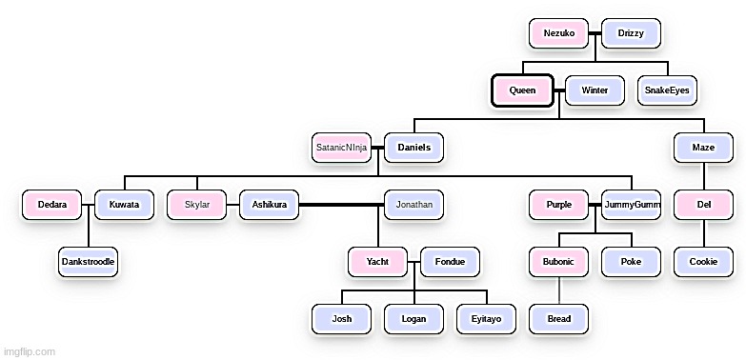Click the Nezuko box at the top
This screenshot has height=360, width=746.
pyautogui.click(x=559, y=33)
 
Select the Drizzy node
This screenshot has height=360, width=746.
pyautogui.click(x=631, y=33)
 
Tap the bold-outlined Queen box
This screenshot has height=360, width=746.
pyautogui.click(x=523, y=90)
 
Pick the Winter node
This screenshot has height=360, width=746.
pyautogui.click(x=595, y=90)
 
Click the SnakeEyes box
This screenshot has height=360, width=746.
pyautogui.click(x=667, y=90)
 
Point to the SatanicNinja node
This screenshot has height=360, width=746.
pyautogui.click(x=342, y=148)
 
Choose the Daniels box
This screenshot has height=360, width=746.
pyautogui.click(x=413, y=148)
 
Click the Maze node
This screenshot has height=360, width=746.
pyautogui.click(x=704, y=148)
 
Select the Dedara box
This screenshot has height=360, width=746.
pyautogui.click(x=52, y=205)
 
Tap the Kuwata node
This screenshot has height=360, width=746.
pyautogui.click(x=124, y=205)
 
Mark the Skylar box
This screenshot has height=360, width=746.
pyautogui.click(x=197, y=205)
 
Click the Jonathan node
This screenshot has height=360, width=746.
pyautogui.click(x=413, y=205)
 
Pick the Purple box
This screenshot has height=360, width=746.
pyautogui.click(x=559, y=205)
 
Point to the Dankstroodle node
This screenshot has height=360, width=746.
pyautogui.click(x=89, y=261)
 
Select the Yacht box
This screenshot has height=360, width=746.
pyautogui.click(x=378, y=261)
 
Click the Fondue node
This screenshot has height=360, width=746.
pyautogui.click(x=450, y=261)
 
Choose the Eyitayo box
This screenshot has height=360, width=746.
pyautogui.click(x=486, y=318)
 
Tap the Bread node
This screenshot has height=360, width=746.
pyautogui.click(x=559, y=318)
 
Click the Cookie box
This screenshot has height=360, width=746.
pyautogui.click(x=704, y=261)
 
